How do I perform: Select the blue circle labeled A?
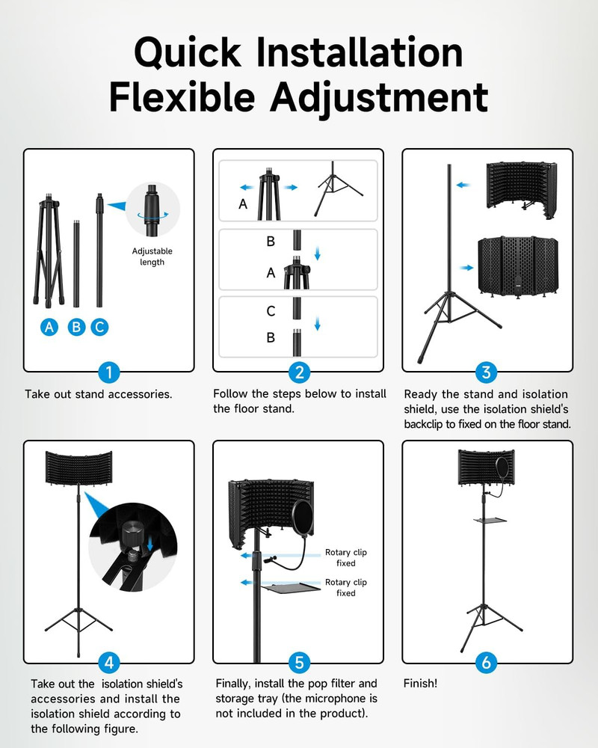pyautogui.click(x=50, y=327)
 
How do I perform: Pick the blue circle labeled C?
pyautogui.click(x=99, y=327)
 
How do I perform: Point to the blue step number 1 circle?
pyautogui.click(x=109, y=373)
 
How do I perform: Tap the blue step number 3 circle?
pyautogui.click(x=487, y=373)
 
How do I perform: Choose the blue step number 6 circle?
pyautogui.click(x=487, y=663)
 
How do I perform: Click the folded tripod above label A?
pyautogui.click(x=49, y=247)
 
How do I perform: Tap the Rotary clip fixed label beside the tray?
pyautogui.click(x=345, y=587)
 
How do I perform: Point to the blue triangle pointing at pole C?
pyautogui.click(x=114, y=203)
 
